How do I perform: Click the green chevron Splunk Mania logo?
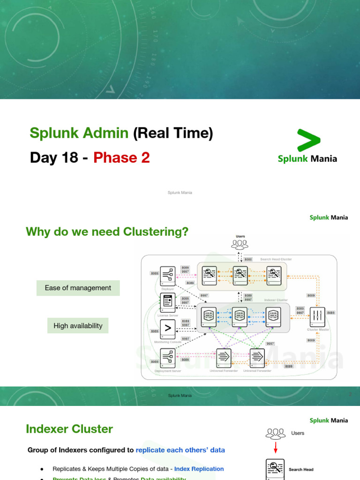(308, 140)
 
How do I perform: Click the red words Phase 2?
(121, 157)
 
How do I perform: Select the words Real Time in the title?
(173, 133)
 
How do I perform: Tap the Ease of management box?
(78, 288)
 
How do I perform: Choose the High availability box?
(78, 326)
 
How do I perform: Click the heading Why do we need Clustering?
(107, 232)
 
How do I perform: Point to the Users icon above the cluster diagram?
(240, 244)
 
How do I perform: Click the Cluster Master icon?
(318, 316)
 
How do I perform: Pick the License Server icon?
(167, 303)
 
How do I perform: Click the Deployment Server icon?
(167, 359)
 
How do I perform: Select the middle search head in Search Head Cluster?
(240, 275)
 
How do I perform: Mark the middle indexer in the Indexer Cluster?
(240, 317)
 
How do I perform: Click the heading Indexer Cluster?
(69, 429)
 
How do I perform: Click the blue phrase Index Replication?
(199, 469)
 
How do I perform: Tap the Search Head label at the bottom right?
(301, 469)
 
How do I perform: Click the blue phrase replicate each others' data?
(180, 450)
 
